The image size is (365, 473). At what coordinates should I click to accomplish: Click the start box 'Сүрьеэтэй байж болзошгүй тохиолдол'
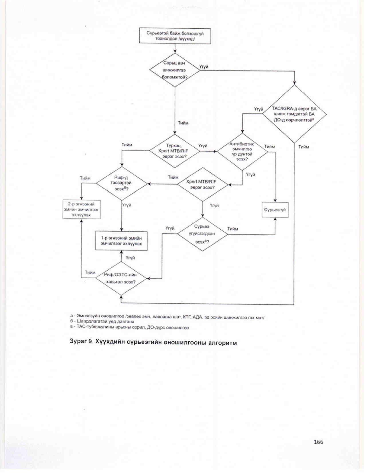click(x=175, y=36)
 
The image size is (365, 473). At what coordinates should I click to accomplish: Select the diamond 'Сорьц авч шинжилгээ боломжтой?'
click(x=175, y=70)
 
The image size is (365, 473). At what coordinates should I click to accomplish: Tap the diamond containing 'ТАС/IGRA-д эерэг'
click(x=294, y=114)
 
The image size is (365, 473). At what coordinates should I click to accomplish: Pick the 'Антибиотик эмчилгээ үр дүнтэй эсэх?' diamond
click(x=242, y=151)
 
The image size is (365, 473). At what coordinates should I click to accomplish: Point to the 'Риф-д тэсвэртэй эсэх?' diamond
click(x=122, y=183)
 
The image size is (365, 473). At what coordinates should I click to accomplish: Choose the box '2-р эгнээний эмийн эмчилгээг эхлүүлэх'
click(x=82, y=210)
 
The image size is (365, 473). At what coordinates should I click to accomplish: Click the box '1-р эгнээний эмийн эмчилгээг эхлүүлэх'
click(x=121, y=241)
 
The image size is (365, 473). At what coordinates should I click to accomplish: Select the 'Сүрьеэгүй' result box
click(x=275, y=210)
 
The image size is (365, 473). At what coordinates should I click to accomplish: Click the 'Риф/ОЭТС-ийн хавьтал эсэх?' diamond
click(x=121, y=278)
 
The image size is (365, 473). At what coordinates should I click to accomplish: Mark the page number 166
click(x=318, y=442)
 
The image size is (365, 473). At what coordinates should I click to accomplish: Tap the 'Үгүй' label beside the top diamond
click(x=204, y=67)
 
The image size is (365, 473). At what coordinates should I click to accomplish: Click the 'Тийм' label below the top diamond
click(x=183, y=123)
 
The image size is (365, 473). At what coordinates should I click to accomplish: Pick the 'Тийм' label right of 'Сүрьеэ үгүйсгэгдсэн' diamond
click(x=232, y=229)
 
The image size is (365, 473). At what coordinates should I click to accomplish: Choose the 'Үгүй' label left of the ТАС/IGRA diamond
click(x=259, y=109)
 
